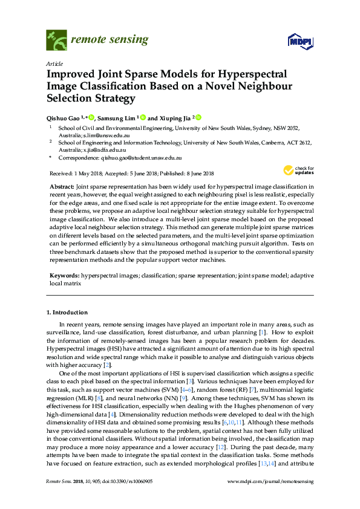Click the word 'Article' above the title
coord(55,63)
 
